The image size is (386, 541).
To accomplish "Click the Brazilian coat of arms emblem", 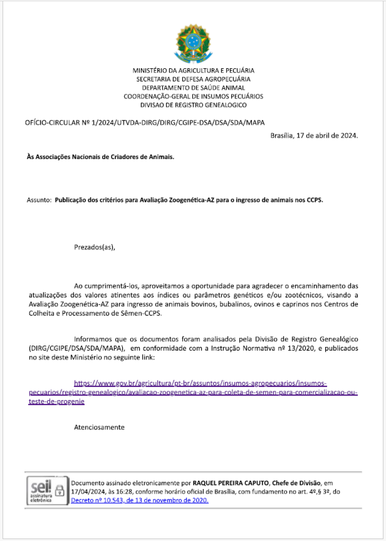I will click(x=193, y=43).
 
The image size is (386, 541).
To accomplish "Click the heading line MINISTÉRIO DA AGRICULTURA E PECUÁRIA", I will click(x=193, y=70).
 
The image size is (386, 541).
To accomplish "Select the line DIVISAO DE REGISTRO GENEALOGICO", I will click(x=193, y=105).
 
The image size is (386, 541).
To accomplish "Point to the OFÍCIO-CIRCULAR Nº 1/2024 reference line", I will click(x=145, y=123).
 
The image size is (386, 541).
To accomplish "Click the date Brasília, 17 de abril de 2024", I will click(x=314, y=135).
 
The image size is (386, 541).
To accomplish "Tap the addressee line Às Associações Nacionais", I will click(x=100, y=157).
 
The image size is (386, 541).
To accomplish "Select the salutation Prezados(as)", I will click(x=95, y=247).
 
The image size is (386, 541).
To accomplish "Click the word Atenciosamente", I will click(x=99, y=427).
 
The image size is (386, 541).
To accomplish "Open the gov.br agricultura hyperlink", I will click(x=193, y=392).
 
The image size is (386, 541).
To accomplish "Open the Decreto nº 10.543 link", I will click(x=140, y=500).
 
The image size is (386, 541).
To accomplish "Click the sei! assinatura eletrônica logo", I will click(x=41, y=491).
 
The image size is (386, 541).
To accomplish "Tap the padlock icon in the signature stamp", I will click(x=60, y=490).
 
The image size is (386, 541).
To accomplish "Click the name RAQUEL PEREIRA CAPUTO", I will click(x=231, y=483).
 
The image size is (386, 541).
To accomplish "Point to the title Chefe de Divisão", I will click(x=296, y=483).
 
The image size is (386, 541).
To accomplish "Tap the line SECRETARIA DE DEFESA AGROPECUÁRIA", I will click(x=193, y=79).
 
